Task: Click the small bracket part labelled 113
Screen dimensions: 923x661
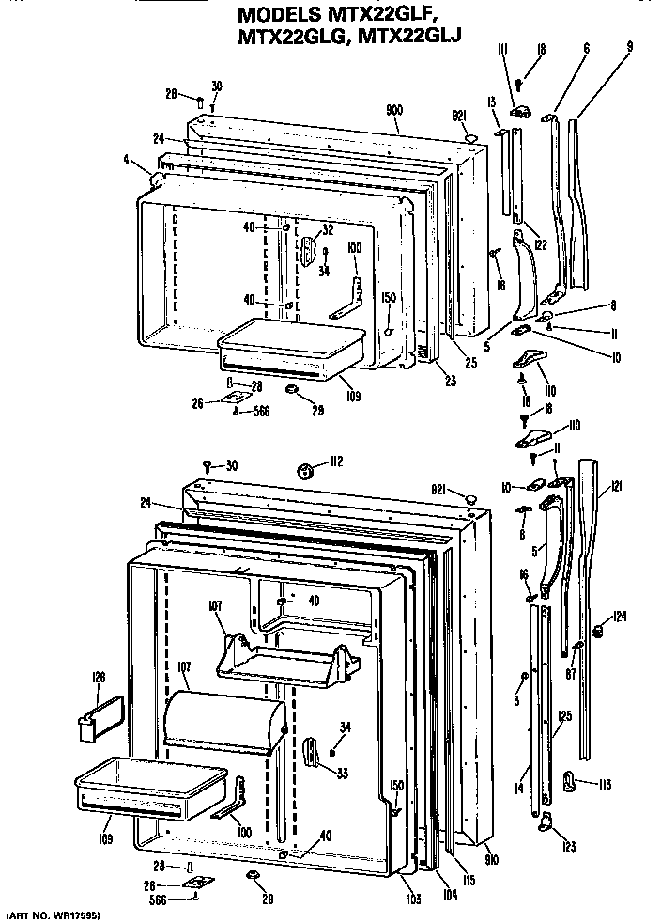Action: [x=570, y=778]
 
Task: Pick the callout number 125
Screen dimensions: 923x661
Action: [x=563, y=716]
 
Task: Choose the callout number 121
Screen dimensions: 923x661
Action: [x=615, y=485]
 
